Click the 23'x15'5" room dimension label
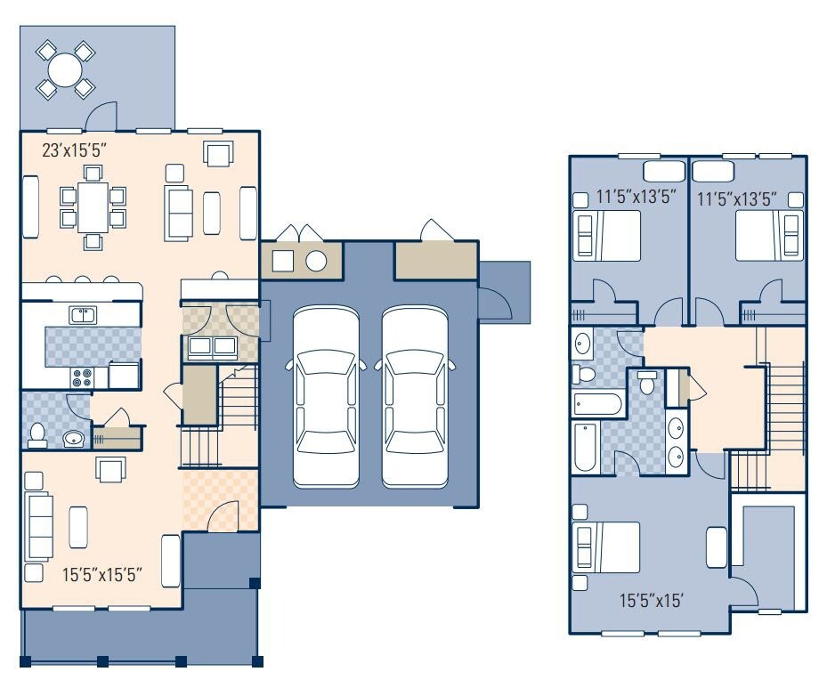click(x=75, y=150)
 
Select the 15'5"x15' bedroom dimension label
click(x=651, y=601)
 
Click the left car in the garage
click(x=326, y=397)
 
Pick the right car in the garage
click(x=415, y=397)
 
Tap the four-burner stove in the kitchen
click(x=82, y=377)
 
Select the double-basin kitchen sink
click(x=83, y=314)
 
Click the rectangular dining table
click(x=93, y=205)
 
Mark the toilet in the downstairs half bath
click(x=37, y=433)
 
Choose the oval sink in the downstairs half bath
click(x=72, y=438)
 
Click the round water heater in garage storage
click(x=316, y=261)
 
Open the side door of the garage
click(x=494, y=304)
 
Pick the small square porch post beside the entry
click(x=254, y=583)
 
